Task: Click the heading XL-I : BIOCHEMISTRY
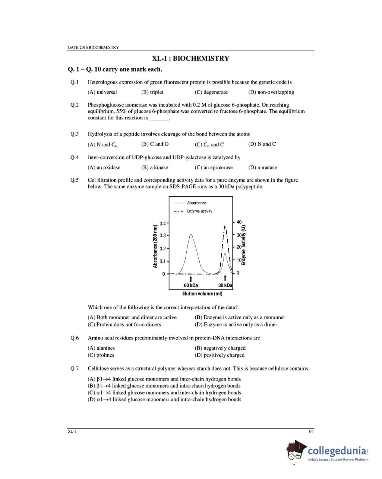tap(190, 58)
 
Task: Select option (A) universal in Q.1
tap(102, 92)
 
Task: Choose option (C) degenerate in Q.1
tap(211, 92)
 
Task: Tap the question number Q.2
tap(75, 105)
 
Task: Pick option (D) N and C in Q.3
tap(262, 144)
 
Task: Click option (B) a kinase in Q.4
tap(155, 168)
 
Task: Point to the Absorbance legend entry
tap(196, 203)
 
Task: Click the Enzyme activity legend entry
tap(199, 211)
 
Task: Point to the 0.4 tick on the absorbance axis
tap(163, 223)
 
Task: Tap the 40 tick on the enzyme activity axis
tap(239, 222)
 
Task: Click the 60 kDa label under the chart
tap(191, 285)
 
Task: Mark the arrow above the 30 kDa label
tap(225, 278)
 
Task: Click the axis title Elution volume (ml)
tap(202, 294)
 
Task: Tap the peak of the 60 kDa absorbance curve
tap(191, 235)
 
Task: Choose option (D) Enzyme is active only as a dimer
tap(236, 325)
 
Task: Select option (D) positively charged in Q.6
tap(220, 355)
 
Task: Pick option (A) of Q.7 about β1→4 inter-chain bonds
tap(164, 379)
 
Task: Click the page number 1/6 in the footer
tap(311, 431)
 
